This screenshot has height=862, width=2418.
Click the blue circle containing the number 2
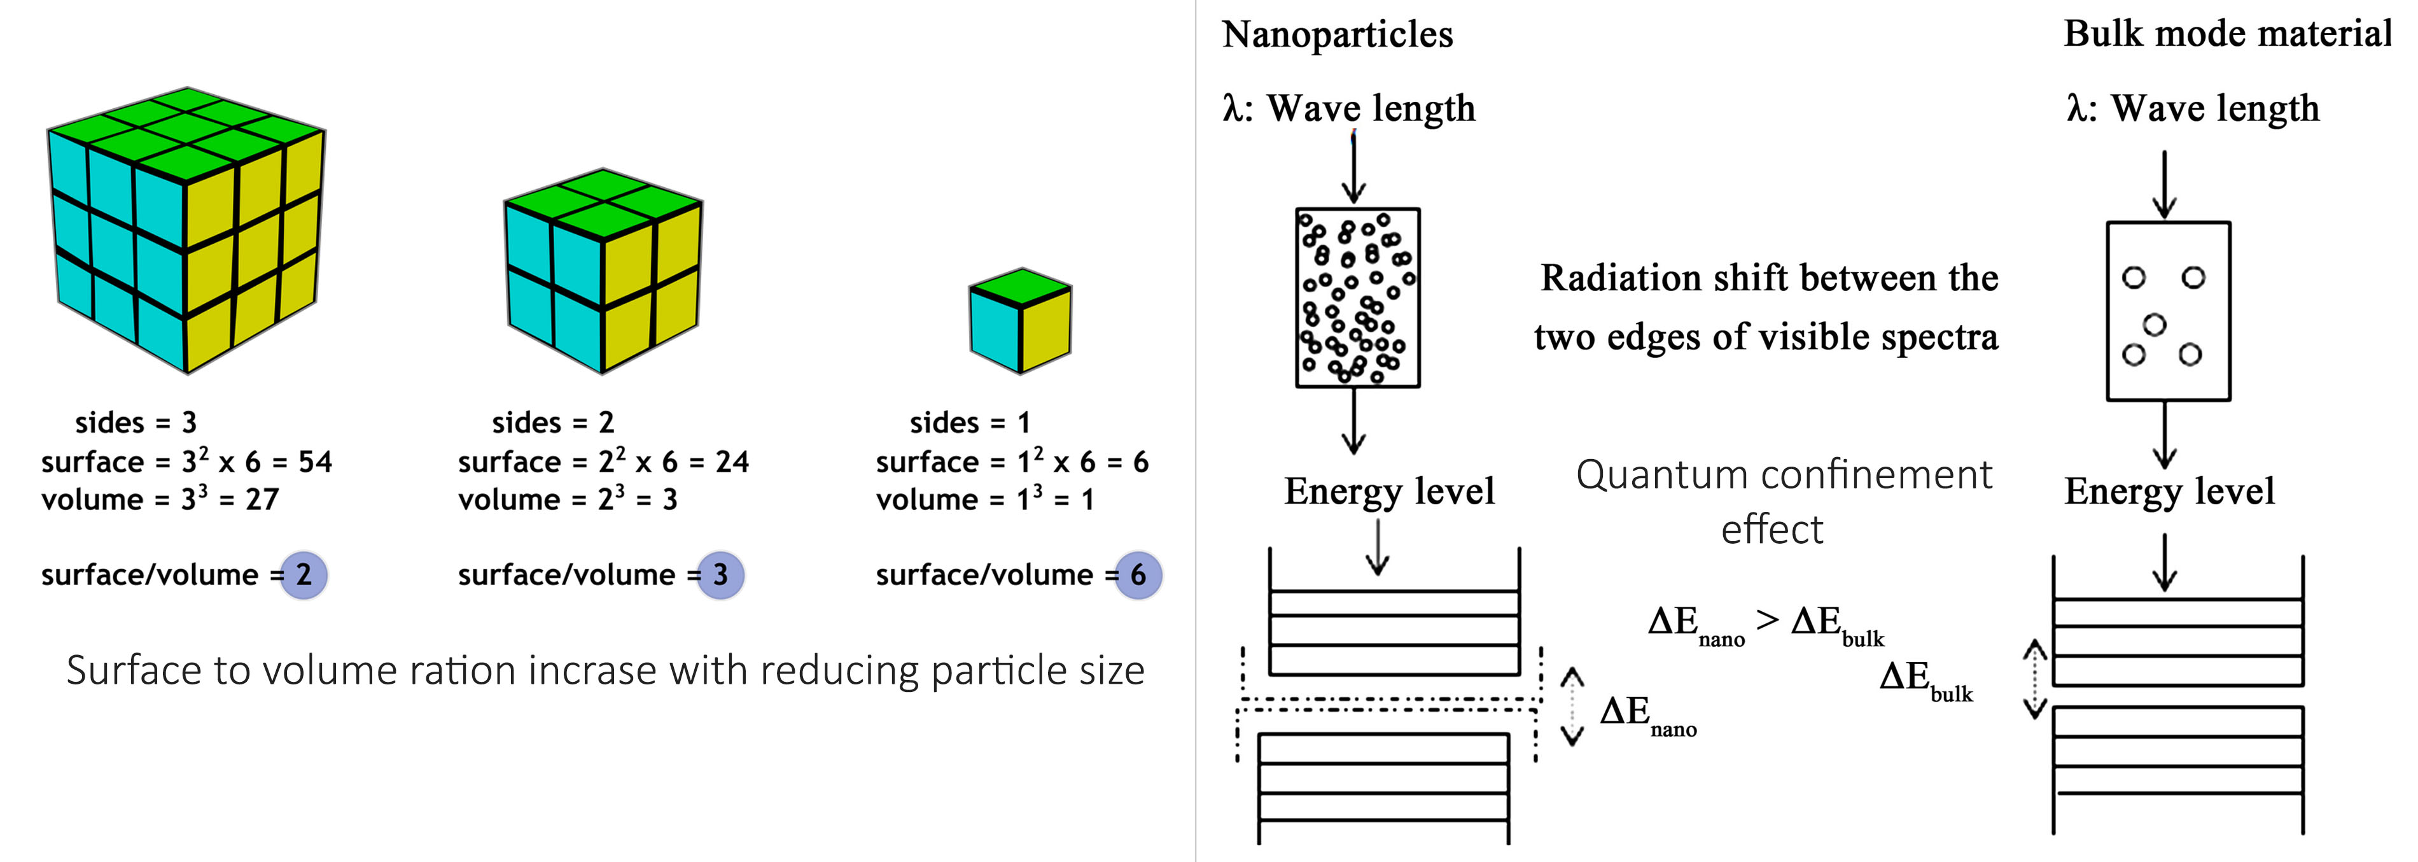click(x=303, y=575)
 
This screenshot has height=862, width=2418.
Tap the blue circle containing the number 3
click(x=720, y=575)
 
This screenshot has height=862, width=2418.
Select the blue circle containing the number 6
click(x=1138, y=575)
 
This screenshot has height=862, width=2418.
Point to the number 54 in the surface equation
click(x=314, y=462)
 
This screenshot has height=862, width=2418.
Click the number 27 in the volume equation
click(x=262, y=500)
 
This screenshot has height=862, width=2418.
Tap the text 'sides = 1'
click(x=970, y=423)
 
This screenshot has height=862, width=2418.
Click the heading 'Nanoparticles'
click(x=1337, y=35)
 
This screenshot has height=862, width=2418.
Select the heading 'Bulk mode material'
click(x=2228, y=34)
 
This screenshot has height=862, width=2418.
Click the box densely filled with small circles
click(x=1357, y=298)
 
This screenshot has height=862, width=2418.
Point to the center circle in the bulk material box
click(x=2155, y=325)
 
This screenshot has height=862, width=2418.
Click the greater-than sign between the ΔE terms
click(x=1768, y=619)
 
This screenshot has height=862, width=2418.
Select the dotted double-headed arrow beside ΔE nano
click(x=1572, y=706)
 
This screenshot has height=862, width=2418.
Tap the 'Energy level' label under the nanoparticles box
click(x=1389, y=491)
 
